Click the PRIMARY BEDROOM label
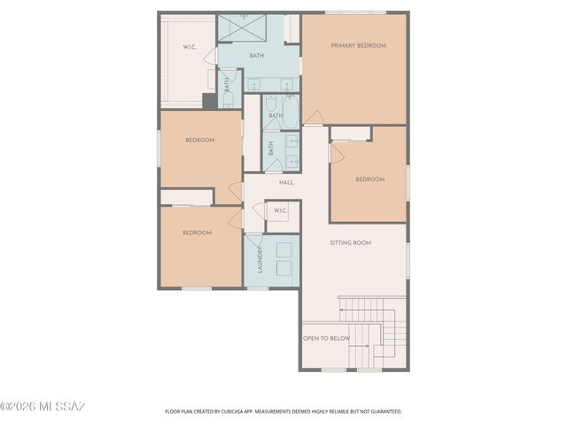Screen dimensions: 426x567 [x=358, y=45]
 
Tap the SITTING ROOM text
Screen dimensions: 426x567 [x=350, y=242]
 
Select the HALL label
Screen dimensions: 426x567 [x=286, y=183]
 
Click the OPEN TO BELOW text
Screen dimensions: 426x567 [x=326, y=338]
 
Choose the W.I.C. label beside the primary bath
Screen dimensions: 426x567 [x=190, y=47]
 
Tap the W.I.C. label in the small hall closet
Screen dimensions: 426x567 [x=280, y=210]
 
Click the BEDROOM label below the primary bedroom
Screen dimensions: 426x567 [x=369, y=179]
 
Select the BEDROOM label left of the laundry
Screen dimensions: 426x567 [x=197, y=233]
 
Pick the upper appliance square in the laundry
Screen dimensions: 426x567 [x=285, y=249]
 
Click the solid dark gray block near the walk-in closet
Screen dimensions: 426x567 [x=209, y=100]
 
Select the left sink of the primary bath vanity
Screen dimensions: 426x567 [x=254, y=85]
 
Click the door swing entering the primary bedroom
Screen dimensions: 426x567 [x=313, y=117]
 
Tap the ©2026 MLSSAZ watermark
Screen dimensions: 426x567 [x=43, y=406]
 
